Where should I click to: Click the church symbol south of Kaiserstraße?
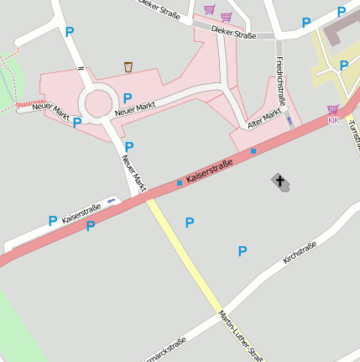(x=279, y=181)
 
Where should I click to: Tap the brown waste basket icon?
(x=128, y=66)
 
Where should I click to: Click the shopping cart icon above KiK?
(x=333, y=109)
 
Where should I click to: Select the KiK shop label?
(x=333, y=121)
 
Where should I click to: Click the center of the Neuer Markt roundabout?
(x=98, y=104)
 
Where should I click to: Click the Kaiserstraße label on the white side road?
(x=81, y=211)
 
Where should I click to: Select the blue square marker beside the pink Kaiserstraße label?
(x=180, y=182)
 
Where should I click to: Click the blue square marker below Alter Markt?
(x=253, y=151)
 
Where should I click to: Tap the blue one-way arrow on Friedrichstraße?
(x=290, y=120)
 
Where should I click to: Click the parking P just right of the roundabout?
(x=128, y=98)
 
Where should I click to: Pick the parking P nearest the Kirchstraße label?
(x=243, y=250)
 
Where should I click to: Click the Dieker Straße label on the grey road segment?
(x=233, y=34)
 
